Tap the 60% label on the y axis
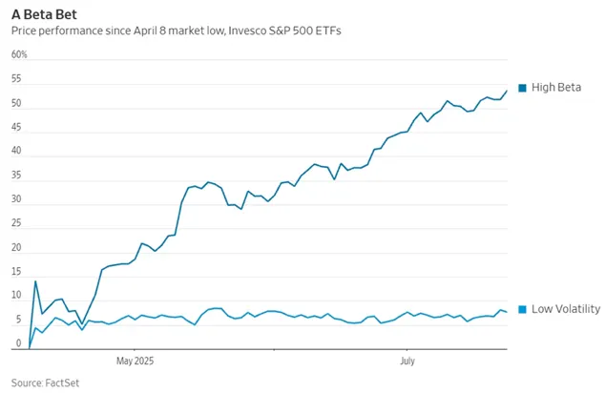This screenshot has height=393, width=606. click(19, 54)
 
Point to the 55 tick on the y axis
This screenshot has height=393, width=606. click(16, 79)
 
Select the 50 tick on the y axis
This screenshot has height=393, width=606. click(16, 103)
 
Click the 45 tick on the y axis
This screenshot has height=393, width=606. click(16, 128)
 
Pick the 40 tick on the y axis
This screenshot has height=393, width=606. click(16, 152)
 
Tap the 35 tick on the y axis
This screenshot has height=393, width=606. click(16, 176)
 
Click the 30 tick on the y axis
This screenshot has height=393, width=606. click(16, 200)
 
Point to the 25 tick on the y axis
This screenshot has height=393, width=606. click(16, 225)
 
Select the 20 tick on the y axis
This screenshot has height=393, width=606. click(16, 249)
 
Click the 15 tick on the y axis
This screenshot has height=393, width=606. click(16, 274)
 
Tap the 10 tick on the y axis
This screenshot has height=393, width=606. click(16, 298)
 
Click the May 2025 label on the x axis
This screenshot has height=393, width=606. click(136, 362)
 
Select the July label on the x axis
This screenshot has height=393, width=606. click(407, 362)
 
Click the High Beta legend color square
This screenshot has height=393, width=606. click(522, 88)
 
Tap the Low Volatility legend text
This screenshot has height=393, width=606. click(566, 309)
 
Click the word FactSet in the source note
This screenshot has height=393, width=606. click(65, 382)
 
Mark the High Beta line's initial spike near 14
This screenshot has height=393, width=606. click(35, 281)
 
